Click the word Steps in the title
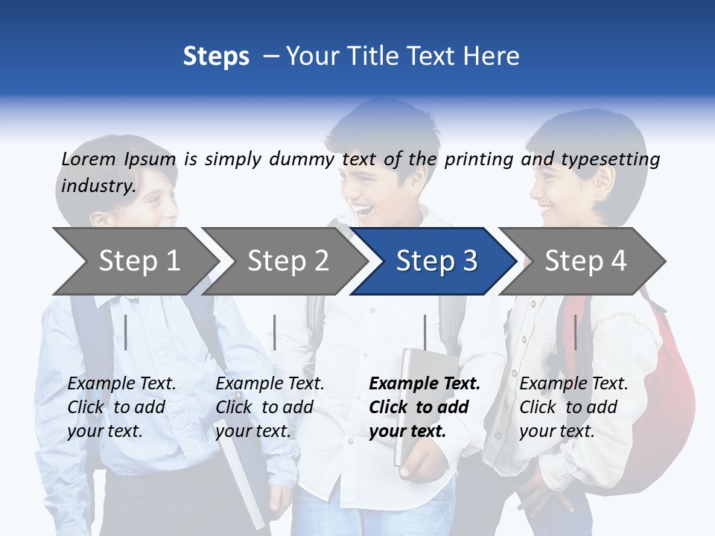point(216,56)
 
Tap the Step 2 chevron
point(287,261)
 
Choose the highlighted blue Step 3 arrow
point(436,261)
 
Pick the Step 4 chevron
point(585,261)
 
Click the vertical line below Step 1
point(126,332)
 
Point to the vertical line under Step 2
point(275,332)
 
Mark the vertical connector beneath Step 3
point(425,332)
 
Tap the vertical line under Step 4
point(575,332)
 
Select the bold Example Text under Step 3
point(425,407)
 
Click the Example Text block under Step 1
point(121,407)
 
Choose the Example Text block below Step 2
point(270,407)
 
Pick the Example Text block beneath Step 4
point(573,407)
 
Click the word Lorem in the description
point(89,159)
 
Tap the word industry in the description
point(98,186)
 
